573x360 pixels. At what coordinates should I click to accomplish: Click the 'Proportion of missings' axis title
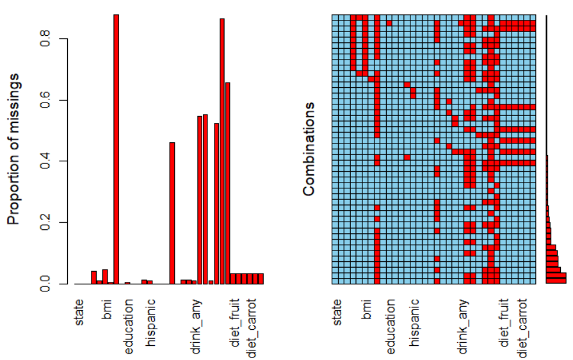pyautogui.click(x=14, y=149)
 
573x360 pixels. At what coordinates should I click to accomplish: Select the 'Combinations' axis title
pyautogui.click(x=309, y=149)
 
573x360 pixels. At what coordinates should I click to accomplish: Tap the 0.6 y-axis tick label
pyautogui.click(x=45, y=101)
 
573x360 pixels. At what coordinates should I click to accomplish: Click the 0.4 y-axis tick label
pyautogui.click(x=45, y=161)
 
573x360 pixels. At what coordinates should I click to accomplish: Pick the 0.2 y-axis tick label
pyautogui.click(x=45, y=223)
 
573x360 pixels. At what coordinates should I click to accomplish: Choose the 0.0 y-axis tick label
pyautogui.click(x=45, y=284)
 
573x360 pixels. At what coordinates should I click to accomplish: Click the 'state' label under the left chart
pyautogui.click(x=79, y=310)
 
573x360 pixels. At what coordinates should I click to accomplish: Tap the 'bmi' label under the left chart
pyautogui.click(x=107, y=307)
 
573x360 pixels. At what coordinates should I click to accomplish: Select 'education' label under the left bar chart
pyautogui.click(x=129, y=326)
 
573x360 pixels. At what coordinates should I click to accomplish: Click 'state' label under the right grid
pyautogui.click(x=337, y=310)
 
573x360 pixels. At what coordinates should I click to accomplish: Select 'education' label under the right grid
pyautogui.click(x=391, y=326)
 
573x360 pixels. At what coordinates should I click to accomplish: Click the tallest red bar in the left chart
pyautogui.click(x=117, y=149)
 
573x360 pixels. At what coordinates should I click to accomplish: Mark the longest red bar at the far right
pyautogui.click(x=556, y=278)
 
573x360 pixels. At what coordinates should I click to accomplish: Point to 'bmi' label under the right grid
pyautogui.click(x=367, y=307)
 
